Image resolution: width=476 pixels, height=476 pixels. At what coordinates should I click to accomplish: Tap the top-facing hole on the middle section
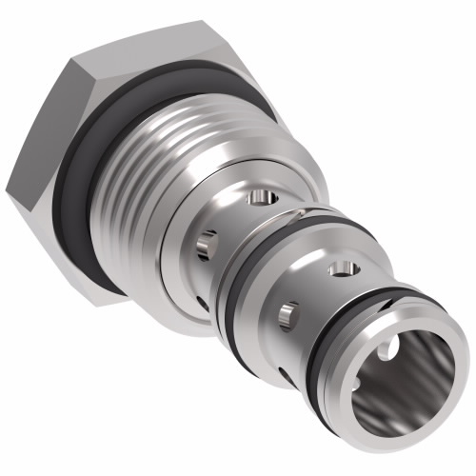pos(343,270)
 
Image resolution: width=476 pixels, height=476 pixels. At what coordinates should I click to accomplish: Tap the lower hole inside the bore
pos(366,411)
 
